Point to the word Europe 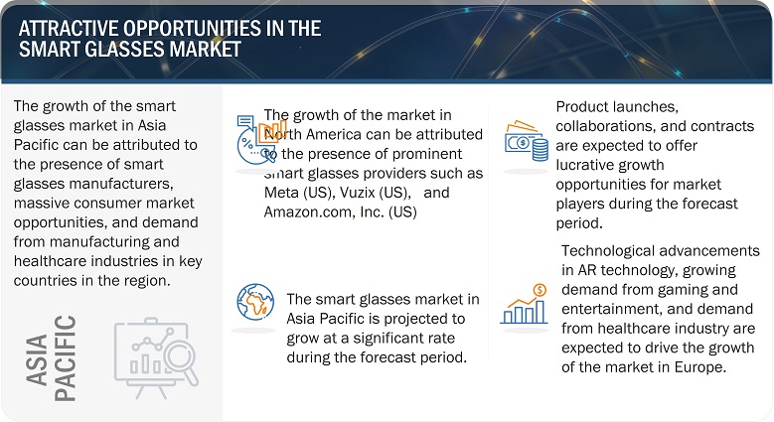click(x=712, y=366)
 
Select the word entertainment click(x=613, y=309)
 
